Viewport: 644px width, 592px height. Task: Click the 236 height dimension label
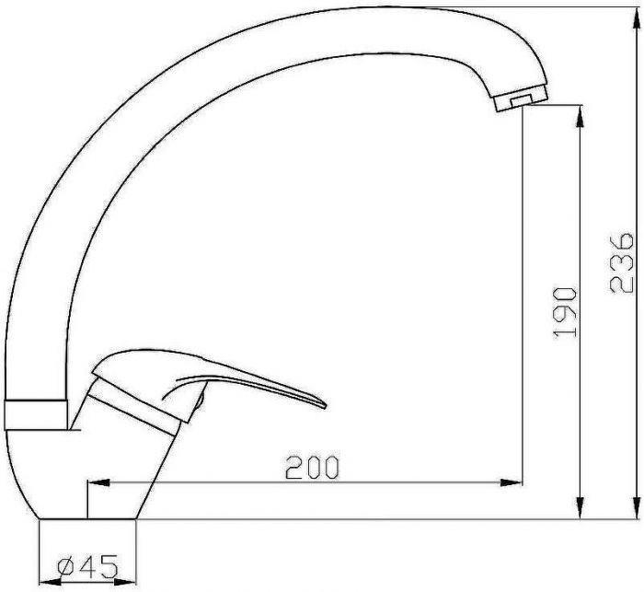tap(621, 263)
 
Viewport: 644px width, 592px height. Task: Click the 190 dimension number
tap(565, 312)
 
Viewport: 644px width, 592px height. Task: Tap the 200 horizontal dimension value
tap(313, 467)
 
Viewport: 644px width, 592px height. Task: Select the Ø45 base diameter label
tap(87, 566)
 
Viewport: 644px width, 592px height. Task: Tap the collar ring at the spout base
tap(36, 414)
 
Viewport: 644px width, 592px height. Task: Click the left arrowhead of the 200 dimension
tap(98, 482)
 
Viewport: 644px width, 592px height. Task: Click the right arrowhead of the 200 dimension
tap(511, 482)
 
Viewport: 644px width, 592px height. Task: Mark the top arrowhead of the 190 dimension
tap(581, 116)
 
